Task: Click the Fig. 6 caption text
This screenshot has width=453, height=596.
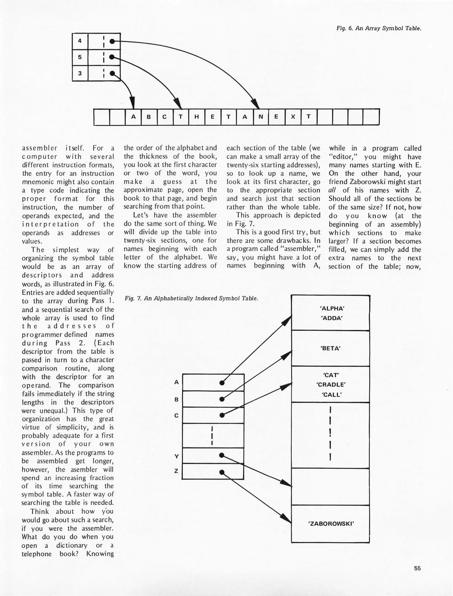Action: [x=379, y=28]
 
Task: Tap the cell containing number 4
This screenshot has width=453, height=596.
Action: [x=80, y=41]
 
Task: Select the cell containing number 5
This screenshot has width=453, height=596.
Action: [x=80, y=57]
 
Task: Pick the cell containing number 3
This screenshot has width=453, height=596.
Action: [x=80, y=73]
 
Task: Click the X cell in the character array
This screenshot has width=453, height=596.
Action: [x=293, y=117]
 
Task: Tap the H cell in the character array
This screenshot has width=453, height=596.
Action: [x=197, y=117]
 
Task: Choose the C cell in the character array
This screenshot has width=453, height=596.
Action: [x=165, y=117]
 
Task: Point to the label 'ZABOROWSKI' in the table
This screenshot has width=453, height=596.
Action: [x=331, y=523]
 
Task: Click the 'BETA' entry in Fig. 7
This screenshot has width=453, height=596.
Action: [x=331, y=348]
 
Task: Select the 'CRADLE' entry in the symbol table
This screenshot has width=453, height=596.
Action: [x=331, y=385]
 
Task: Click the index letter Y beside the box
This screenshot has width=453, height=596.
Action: [x=177, y=456]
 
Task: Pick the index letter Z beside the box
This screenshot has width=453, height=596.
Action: [x=176, y=471]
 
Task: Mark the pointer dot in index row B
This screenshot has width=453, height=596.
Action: [x=222, y=399]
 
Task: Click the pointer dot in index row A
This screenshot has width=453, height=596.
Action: [x=222, y=383]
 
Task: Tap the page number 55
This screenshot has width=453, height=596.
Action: [x=417, y=568]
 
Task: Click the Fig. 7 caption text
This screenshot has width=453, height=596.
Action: [x=191, y=298]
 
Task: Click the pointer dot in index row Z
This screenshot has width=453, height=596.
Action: [x=222, y=472]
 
